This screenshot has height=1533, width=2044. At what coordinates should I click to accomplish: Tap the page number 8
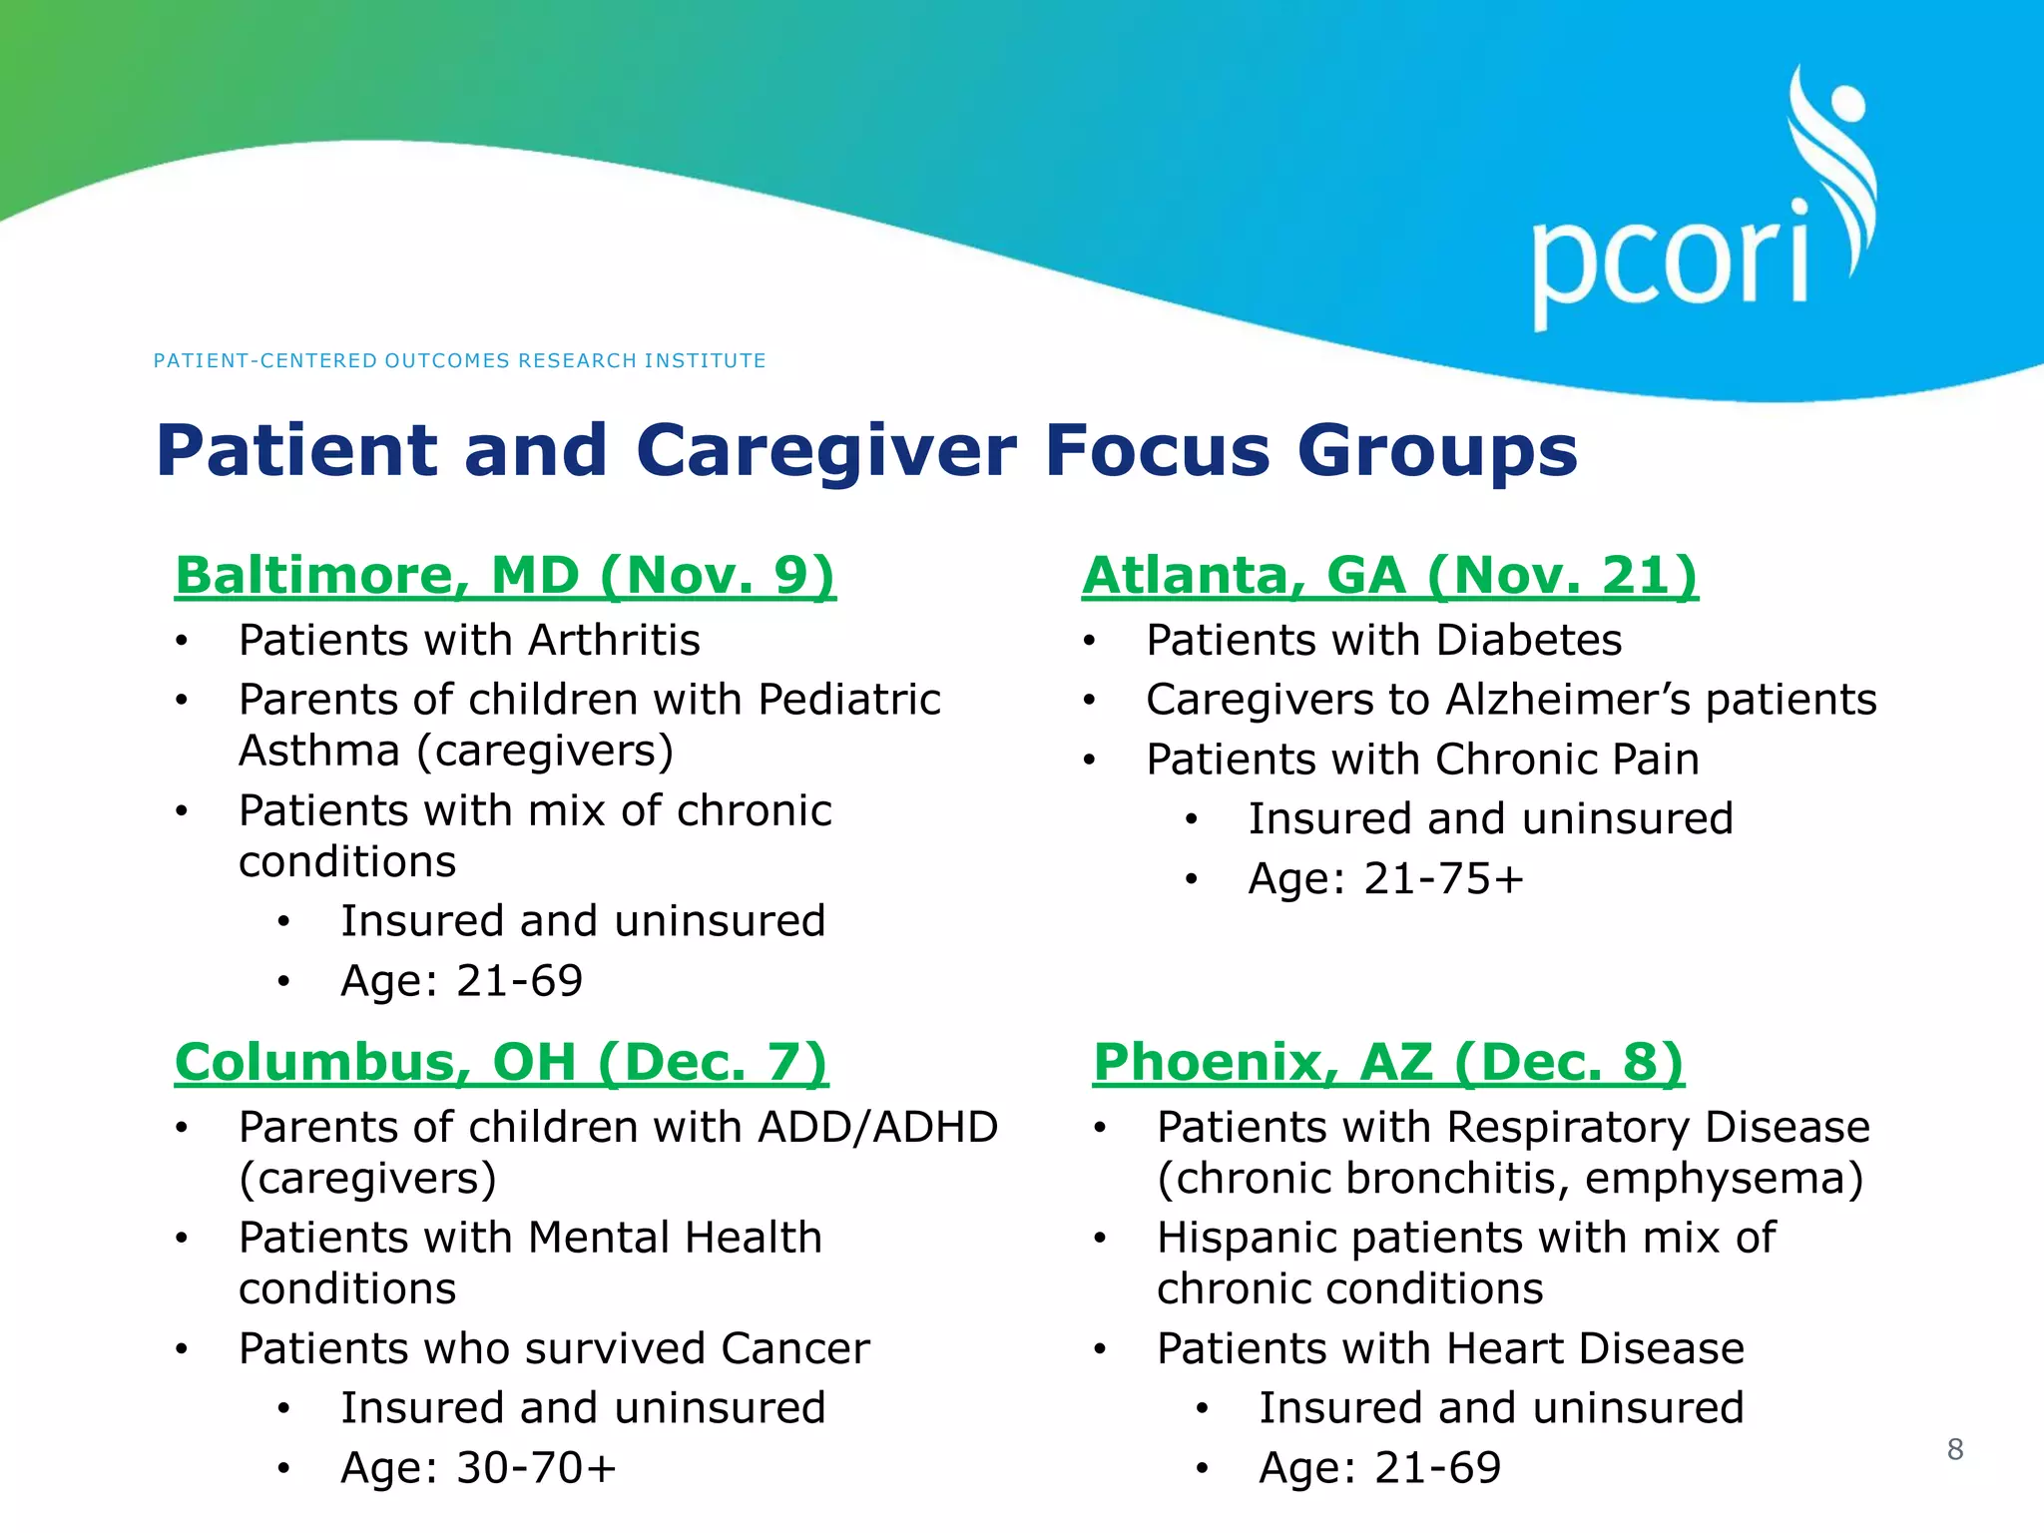coord(1954,1449)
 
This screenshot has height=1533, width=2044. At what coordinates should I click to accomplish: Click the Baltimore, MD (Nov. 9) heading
coord(505,576)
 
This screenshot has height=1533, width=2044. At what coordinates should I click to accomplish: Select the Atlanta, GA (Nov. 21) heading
coord(1389,576)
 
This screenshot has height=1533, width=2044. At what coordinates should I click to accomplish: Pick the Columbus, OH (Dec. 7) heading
coord(501,1062)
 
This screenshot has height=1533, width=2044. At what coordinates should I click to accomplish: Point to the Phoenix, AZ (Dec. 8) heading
coord(1388,1062)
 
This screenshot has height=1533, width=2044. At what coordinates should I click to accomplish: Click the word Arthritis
coord(614,640)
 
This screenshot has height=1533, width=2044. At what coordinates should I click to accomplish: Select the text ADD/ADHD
coord(878,1128)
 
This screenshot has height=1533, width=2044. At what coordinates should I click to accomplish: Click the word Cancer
coord(794,1349)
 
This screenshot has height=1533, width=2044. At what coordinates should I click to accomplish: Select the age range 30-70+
coord(536,1468)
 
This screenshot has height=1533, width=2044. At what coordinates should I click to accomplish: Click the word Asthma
coord(319,752)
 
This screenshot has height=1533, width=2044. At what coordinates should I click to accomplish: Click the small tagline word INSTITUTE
coord(705,360)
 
